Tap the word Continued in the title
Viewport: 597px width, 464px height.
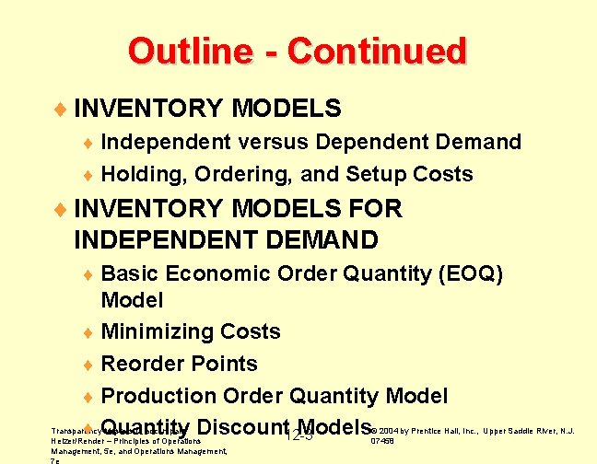[x=377, y=51]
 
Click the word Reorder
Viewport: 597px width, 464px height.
[x=141, y=364]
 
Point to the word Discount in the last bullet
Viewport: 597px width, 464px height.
[x=243, y=428]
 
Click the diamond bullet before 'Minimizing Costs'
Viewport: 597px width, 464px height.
[x=88, y=332]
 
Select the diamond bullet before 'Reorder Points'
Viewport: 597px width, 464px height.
[x=88, y=365]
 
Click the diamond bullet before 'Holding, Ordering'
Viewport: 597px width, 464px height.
[x=88, y=175]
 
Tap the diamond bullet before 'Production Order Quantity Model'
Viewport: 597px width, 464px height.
[x=88, y=397]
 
